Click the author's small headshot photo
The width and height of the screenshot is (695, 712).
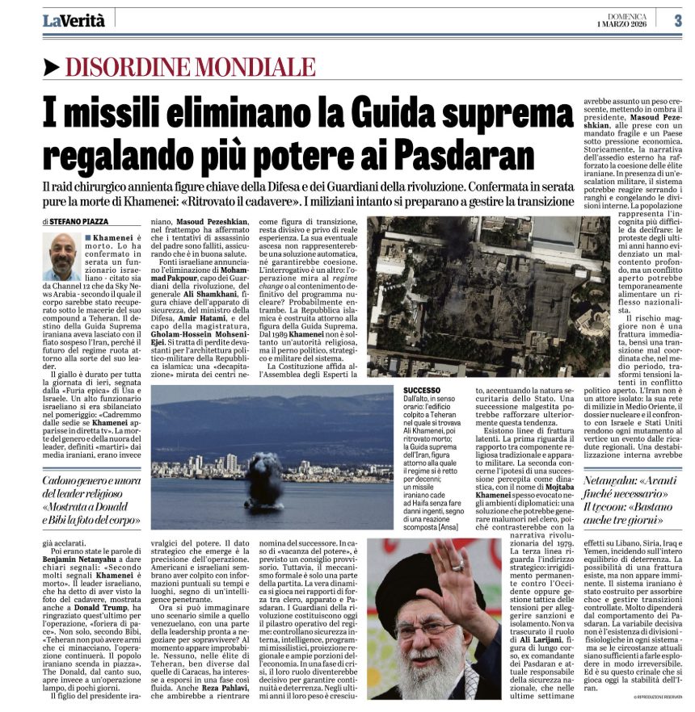click(x=61, y=256)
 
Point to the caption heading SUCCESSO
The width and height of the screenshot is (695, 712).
click(x=423, y=390)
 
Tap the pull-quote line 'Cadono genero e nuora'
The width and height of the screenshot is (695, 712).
click(x=91, y=480)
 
